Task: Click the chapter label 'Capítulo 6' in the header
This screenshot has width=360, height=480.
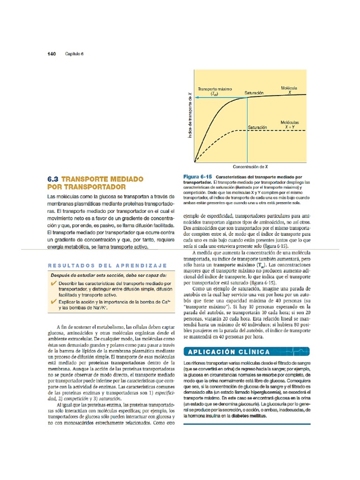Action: [x=74, y=54]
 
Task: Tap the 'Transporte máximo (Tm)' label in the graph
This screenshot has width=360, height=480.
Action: [x=211, y=90]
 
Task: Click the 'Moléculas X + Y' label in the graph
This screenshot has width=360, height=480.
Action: [x=290, y=124]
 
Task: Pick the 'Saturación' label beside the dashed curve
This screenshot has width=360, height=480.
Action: [x=257, y=127]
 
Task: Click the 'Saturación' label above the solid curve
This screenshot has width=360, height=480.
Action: [x=254, y=93]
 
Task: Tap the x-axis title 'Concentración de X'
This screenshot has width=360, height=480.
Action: [x=250, y=166]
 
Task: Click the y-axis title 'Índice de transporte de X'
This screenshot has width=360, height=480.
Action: [x=190, y=115]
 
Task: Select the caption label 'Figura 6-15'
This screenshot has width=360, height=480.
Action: [x=197, y=176]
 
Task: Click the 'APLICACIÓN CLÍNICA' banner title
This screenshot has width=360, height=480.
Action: [x=229, y=352]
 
